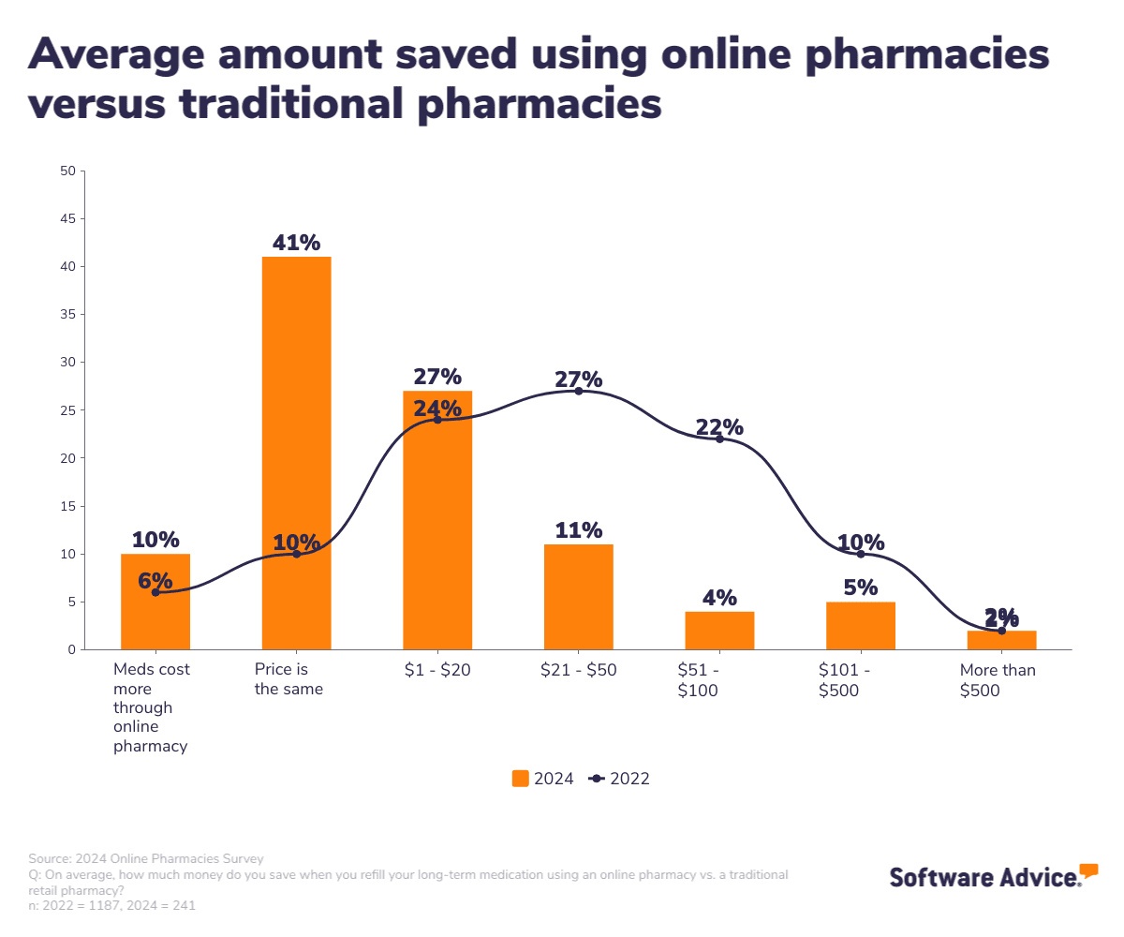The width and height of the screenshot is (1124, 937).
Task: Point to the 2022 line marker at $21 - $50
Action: click(x=578, y=391)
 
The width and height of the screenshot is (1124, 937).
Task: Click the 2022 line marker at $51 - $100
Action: click(x=719, y=439)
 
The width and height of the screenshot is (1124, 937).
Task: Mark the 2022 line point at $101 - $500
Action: click(x=861, y=554)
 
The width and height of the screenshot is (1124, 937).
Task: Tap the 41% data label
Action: click(x=296, y=243)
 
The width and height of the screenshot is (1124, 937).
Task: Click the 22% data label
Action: click(x=719, y=427)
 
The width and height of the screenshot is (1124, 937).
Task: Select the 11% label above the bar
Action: click(x=578, y=530)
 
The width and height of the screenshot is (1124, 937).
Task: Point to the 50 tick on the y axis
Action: click(x=67, y=171)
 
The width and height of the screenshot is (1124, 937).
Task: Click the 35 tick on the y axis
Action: click(x=67, y=315)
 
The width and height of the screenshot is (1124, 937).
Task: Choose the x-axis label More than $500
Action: click(x=998, y=680)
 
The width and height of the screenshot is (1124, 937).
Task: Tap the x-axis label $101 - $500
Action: click(x=844, y=680)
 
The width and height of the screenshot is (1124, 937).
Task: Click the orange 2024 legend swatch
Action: click(x=521, y=779)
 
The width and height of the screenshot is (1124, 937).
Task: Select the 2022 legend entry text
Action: click(x=629, y=779)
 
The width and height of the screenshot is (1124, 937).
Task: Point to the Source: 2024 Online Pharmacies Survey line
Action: click(x=146, y=858)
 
